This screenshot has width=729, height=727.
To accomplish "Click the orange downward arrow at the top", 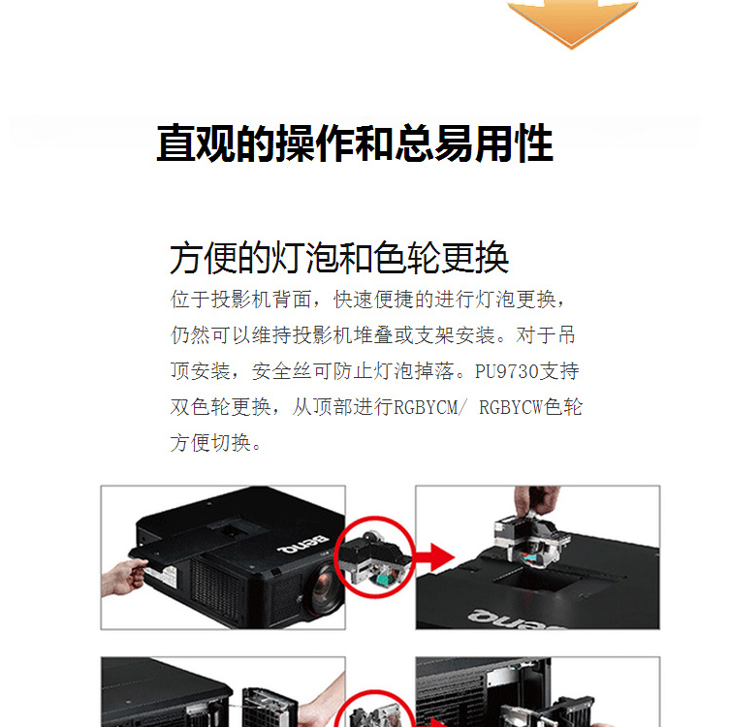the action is pos(572,21).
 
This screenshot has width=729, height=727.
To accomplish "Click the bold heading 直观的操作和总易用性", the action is pos(355,143).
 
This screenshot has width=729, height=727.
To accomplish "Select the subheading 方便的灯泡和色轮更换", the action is pos(339,258).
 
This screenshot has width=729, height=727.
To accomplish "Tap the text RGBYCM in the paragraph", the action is pos(426,408).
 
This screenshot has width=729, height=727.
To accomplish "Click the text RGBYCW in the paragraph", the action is pos(511,408).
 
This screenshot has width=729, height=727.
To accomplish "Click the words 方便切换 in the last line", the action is pos(210,443).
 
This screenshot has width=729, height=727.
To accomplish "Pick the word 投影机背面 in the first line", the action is pos(262,300).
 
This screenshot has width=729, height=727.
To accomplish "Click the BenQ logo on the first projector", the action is pos(302,545).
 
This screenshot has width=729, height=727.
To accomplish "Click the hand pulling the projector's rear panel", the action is pos(122,576).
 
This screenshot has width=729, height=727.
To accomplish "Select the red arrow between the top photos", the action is pos(435,556).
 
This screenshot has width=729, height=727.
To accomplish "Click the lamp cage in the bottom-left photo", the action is pos(269,707).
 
